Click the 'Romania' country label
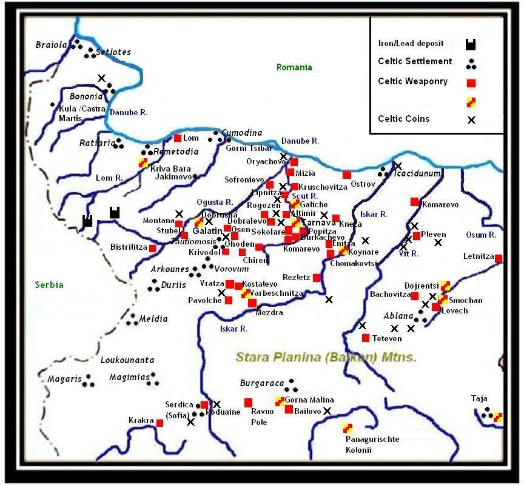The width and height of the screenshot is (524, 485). pos(294,67)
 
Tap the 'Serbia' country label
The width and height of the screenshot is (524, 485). pos(49,285)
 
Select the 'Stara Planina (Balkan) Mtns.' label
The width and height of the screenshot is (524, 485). pos(326,358)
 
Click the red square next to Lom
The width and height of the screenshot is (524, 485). pos(178,138)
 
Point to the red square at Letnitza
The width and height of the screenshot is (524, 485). pos(499,259)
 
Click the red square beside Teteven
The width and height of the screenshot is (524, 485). pos(365,338)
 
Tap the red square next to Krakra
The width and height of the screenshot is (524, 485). pos(160,423)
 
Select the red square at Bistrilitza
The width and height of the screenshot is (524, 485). pos(152,248)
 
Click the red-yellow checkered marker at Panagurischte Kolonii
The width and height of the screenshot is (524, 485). pos(348,428)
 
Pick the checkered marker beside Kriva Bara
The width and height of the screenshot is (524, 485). pos(143,162)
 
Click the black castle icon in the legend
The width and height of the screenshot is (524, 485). pos(470,44)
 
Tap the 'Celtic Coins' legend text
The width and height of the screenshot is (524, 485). pos(403,119)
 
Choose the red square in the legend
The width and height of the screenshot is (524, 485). pos(470,82)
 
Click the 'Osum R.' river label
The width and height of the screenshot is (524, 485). pos(481,235)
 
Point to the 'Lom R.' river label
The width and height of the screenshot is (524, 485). pos(110,178)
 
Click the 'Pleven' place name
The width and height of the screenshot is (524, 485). pos(434,235)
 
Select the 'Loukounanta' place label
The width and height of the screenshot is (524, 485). pos(127,360)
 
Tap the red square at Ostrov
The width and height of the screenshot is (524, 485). pos(346,175)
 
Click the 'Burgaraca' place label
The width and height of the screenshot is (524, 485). pos(262,383)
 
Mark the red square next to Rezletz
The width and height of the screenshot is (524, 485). pos(317,278)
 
